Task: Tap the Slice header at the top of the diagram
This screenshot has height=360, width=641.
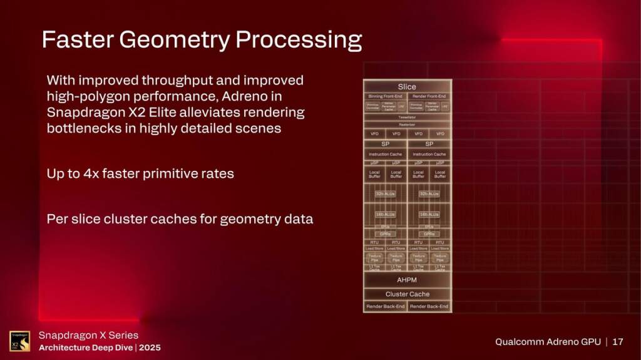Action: click(407, 86)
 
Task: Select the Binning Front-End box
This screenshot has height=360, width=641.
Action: click(385, 96)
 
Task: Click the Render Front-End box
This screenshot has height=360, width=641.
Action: click(429, 96)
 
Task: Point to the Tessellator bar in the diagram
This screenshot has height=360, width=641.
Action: click(407, 117)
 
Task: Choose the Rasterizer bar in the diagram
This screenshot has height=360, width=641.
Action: click(407, 125)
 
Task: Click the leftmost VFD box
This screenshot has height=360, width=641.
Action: click(374, 133)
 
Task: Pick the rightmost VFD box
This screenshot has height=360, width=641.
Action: click(440, 133)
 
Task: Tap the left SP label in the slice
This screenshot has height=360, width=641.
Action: click(385, 144)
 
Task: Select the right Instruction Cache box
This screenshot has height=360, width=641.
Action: click(429, 154)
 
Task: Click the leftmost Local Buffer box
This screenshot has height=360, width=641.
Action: click(374, 174)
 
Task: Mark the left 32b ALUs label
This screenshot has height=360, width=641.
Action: click(385, 194)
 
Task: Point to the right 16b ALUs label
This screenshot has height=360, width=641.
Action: click(429, 214)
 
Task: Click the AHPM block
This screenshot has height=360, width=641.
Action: click(407, 280)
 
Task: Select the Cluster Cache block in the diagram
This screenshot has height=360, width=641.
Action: click(407, 294)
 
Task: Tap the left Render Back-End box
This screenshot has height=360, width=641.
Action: click(385, 306)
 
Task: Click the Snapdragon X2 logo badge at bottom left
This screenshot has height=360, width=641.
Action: click(19, 341)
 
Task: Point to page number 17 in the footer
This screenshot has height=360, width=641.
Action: click(618, 342)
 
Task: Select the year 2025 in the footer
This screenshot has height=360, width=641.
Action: click(149, 347)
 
